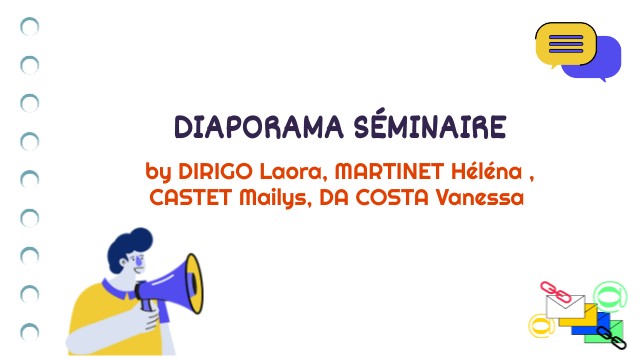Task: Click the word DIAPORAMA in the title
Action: coord(259,128)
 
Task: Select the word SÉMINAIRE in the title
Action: coord(430,128)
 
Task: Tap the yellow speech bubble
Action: coord(565,43)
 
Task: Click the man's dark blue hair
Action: coord(130,245)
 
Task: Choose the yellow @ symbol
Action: coord(541,324)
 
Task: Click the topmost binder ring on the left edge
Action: coord(30,27)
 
